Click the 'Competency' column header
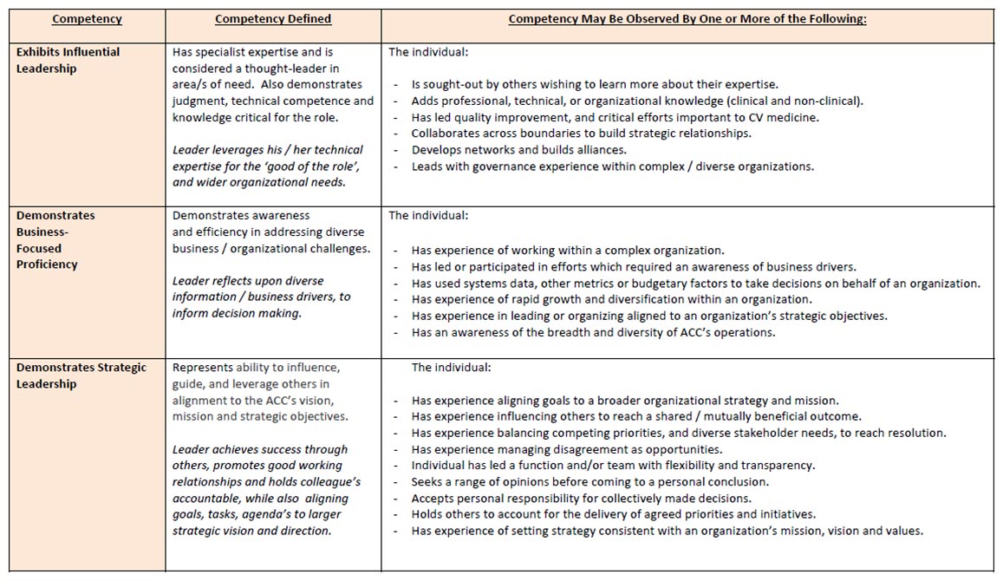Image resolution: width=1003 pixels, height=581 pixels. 87,19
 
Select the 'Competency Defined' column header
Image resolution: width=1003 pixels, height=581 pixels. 273,19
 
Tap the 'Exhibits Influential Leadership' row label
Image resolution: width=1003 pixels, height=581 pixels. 68,60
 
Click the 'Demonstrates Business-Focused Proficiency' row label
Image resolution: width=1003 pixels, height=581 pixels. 55,239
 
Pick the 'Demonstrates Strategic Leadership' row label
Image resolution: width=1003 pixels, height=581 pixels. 81,375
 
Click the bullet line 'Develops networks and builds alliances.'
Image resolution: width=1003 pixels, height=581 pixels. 518,150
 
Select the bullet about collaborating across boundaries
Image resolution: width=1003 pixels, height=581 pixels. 581,134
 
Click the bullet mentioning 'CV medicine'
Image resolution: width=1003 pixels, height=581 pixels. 615,117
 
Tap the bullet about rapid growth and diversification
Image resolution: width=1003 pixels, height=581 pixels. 599,299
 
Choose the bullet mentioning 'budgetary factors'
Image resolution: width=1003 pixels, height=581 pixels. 695,283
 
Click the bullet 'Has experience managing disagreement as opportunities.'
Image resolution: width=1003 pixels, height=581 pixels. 566,449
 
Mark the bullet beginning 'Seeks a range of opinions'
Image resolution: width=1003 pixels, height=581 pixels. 589,481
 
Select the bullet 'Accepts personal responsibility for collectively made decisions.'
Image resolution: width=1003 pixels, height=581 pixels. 581,498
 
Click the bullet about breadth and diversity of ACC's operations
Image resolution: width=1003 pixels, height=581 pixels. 593,332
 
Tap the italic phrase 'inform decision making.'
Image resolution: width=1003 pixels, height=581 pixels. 237,313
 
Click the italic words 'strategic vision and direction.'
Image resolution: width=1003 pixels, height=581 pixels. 251,531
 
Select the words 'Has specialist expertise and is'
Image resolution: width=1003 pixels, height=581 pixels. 252,52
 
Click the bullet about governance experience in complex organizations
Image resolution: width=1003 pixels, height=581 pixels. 612,166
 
